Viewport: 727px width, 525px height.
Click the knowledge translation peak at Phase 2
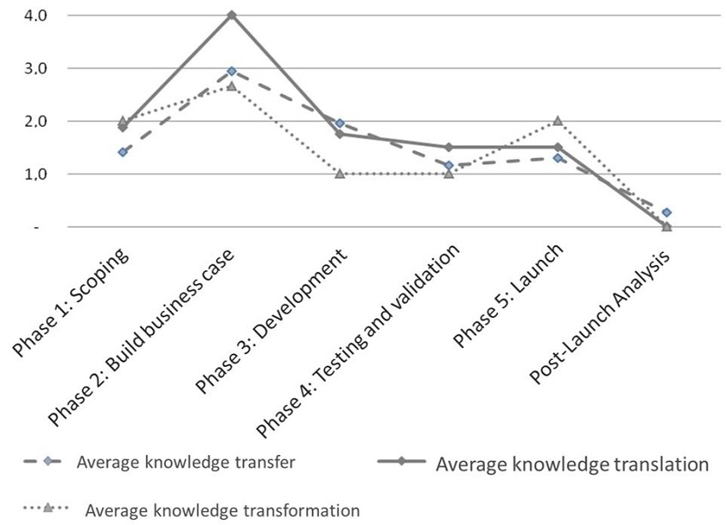click(x=231, y=15)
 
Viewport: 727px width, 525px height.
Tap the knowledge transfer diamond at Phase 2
click(x=231, y=71)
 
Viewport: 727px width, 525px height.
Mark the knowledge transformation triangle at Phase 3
click(x=340, y=174)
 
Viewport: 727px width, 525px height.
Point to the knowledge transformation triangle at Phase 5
click(x=558, y=121)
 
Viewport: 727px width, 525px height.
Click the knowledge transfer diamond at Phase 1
click(x=122, y=152)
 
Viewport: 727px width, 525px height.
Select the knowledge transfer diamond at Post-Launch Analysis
click(x=666, y=212)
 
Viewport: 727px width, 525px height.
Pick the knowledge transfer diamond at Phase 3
click(x=340, y=123)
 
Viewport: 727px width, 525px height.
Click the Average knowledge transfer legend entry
click(x=186, y=463)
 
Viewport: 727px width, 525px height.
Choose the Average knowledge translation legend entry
click(x=571, y=464)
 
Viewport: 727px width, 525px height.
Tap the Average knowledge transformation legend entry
click(x=222, y=510)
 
